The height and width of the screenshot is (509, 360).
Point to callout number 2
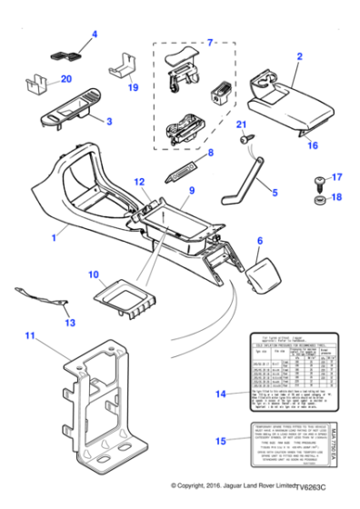point(298,56)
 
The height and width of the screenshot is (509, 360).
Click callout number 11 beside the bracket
point(30,336)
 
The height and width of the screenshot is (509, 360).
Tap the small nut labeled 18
point(319,197)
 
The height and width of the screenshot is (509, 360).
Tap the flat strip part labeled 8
point(187,170)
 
